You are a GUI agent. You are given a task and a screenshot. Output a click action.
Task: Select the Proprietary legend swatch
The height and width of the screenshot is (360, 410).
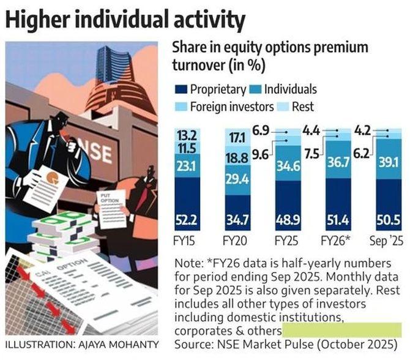click(x=181, y=89)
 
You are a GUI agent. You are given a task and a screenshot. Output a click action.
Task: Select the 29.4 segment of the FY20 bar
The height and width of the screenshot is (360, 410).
click(x=236, y=180)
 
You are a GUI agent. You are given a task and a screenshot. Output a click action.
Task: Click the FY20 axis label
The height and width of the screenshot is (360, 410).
click(x=236, y=240)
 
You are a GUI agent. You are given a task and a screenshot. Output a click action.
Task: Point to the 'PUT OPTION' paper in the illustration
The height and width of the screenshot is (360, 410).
click(x=112, y=205)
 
